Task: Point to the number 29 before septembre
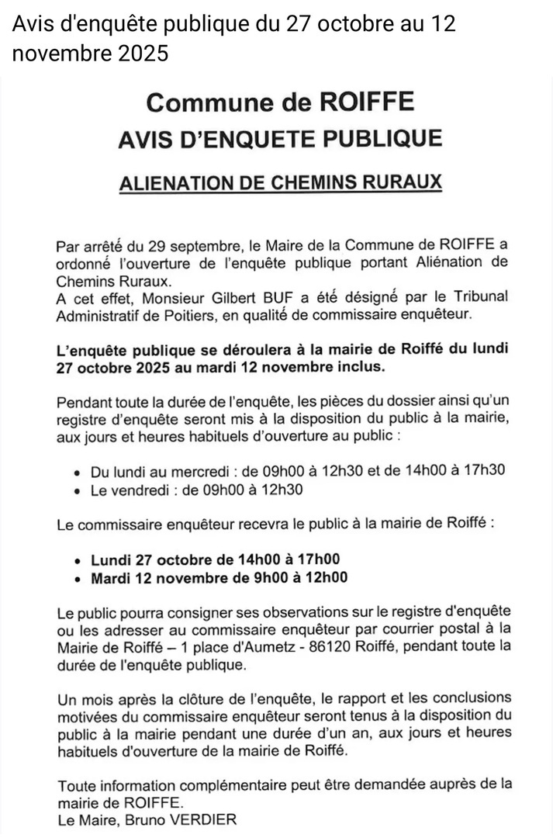point(139,247)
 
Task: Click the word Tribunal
point(469,299)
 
